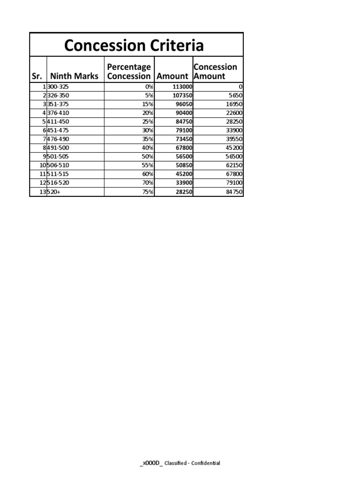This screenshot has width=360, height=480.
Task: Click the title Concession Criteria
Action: pyautogui.click(x=134, y=45)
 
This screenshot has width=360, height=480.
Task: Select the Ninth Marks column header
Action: pyautogui.click(x=75, y=76)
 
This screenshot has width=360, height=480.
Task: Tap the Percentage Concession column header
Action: pyautogui.click(x=129, y=71)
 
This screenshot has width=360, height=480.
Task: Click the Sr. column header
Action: pyautogui.click(x=38, y=76)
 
